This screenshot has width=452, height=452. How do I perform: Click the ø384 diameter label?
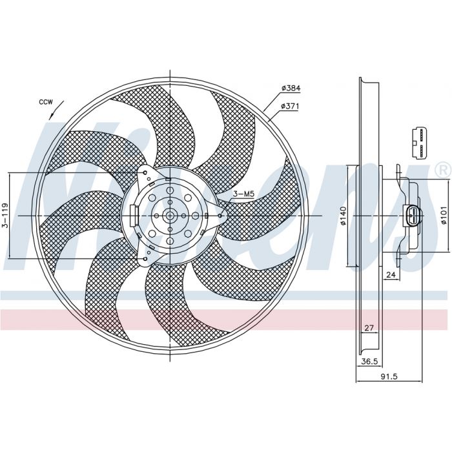point(291,88)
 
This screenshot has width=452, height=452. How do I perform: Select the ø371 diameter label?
point(290,107)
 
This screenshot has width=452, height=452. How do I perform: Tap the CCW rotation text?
point(46,102)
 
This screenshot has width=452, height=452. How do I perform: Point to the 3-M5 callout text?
point(243,194)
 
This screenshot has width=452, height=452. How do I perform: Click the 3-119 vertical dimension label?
point(5,215)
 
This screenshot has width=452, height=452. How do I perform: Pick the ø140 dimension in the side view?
point(343,216)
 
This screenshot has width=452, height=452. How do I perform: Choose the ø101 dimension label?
point(444,215)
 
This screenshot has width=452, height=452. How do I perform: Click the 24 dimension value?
point(391,275)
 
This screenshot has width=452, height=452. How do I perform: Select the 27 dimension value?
point(369,328)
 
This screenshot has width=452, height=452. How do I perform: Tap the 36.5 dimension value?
point(369,362)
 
